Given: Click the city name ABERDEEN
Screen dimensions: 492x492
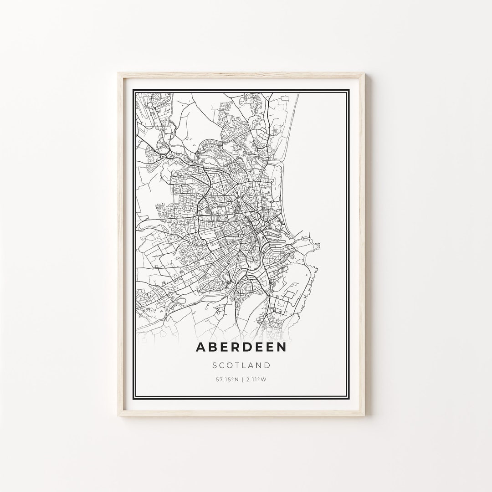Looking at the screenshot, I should point(241,347).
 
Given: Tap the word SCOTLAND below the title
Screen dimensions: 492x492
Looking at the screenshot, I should point(241,365).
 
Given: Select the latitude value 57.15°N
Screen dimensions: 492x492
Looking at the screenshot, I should point(226,379).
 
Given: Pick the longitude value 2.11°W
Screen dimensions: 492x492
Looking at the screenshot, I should point(256,379).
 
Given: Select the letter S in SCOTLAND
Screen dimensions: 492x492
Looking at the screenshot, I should point(215,365).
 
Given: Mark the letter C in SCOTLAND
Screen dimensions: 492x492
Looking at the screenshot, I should point(222,365).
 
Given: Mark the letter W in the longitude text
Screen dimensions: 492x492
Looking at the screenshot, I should point(265,379).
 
